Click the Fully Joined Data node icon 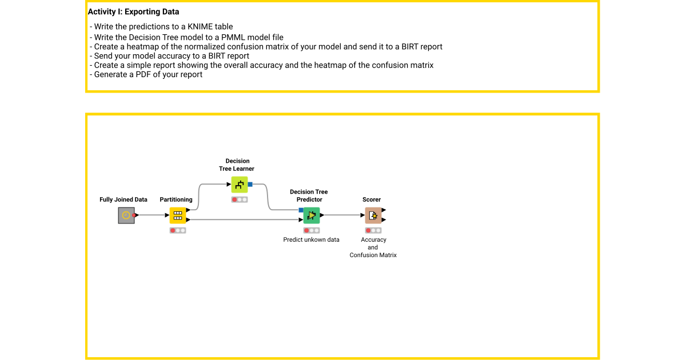coord(126,215)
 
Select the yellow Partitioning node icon coord(178,215)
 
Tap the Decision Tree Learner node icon coord(240,185)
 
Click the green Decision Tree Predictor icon coord(312,215)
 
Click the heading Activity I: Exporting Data coord(133,11)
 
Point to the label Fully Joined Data coord(123,199)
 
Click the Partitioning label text coord(176,199)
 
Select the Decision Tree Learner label coord(237,165)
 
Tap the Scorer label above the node coord(372,199)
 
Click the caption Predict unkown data coord(311,239)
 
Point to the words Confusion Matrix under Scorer coord(373,255)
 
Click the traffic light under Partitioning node coord(178,230)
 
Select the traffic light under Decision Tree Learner coord(240,199)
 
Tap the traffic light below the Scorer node coord(373,230)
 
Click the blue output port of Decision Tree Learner coord(250,185)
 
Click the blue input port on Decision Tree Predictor coord(301,210)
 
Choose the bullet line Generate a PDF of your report coord(148,74)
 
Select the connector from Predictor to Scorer coord(343,215)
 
